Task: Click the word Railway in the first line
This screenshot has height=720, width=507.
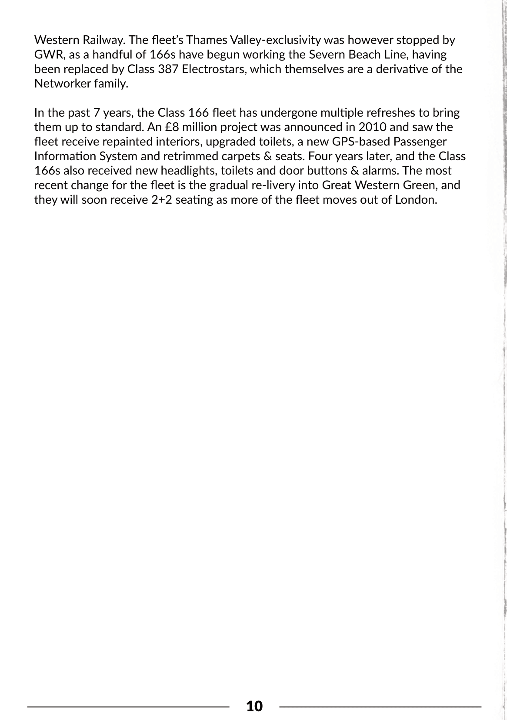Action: point(103,40)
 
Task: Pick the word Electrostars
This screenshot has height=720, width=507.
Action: point(213,69)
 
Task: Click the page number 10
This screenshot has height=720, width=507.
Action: point(254,706)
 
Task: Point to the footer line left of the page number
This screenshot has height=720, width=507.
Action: point(128,707)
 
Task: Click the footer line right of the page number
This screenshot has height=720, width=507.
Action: point(380,707)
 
